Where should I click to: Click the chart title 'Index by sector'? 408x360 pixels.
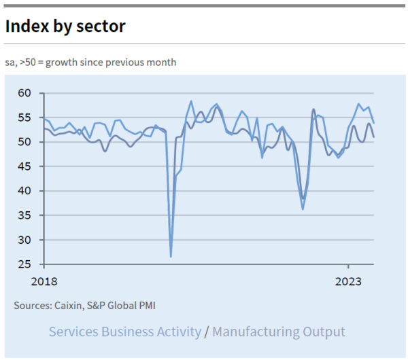point(65,26)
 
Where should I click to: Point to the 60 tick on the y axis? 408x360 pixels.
point(24,93)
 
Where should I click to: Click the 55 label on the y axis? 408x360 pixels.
point(24,118)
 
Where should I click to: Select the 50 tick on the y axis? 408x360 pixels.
point(24,142)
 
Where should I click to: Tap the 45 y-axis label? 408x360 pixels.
point(24,166)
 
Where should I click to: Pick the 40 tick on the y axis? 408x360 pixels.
point(24,191)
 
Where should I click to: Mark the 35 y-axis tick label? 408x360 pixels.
point(24,215)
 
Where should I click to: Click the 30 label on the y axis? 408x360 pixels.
point(24,240)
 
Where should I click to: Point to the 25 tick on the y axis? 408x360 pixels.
point(24,264)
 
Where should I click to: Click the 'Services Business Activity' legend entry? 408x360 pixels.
point(125,332)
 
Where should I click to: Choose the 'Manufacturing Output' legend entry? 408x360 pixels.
point(279,332)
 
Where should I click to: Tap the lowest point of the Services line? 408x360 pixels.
point(171,256)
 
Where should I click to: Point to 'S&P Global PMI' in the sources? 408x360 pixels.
point(126,306)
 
